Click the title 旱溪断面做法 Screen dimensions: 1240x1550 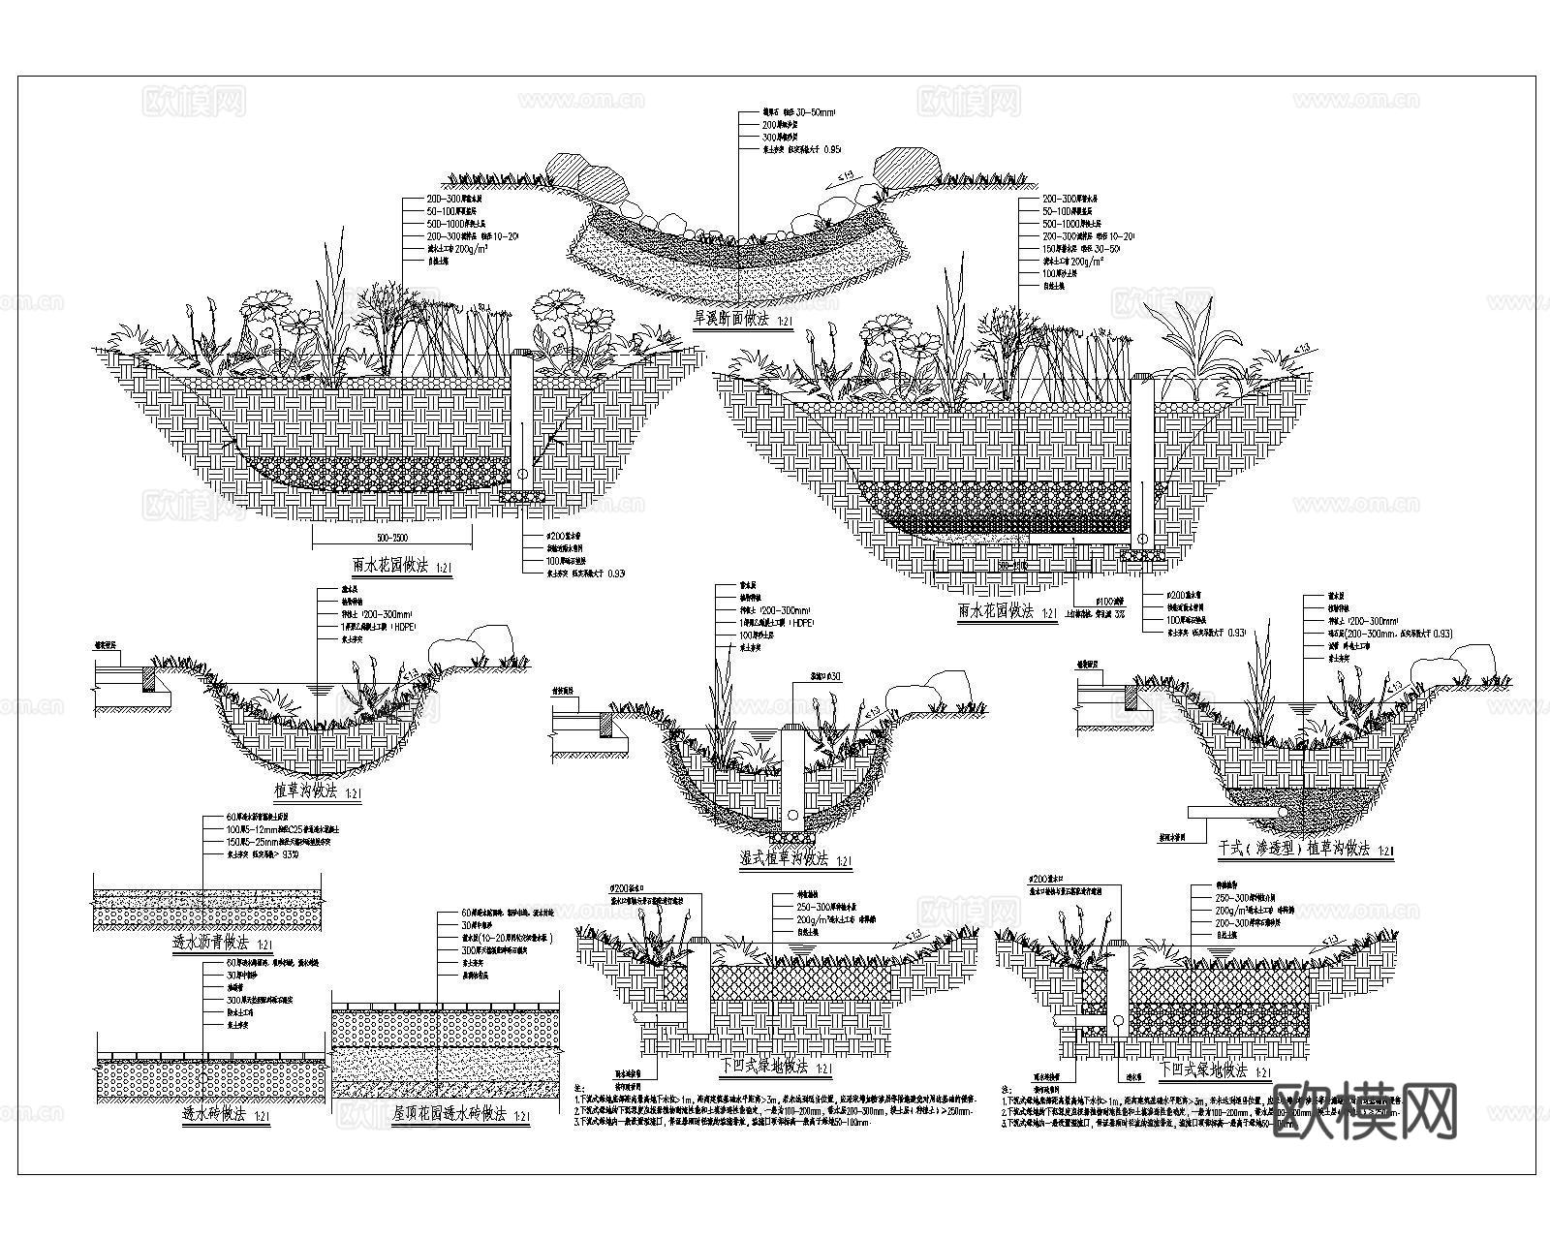(728, 318)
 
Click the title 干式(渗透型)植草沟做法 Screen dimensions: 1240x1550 (1294, 849)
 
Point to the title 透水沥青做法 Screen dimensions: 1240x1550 (210, 942)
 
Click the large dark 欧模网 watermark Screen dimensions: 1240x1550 (1365, 1108)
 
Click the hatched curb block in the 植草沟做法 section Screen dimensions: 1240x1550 (152, 677)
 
